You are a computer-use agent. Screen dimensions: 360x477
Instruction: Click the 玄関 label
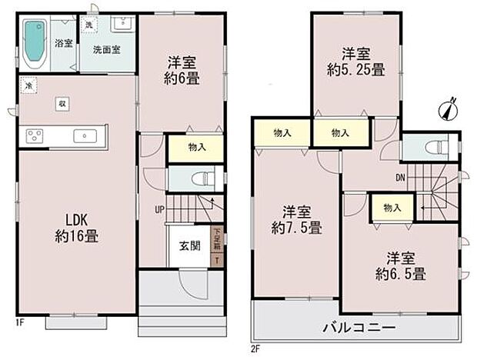pos(189,246)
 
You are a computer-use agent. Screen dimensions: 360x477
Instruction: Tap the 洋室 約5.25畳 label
pos(357,62)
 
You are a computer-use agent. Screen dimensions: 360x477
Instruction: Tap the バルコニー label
pos(365,327)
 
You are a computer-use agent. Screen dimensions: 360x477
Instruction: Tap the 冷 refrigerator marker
pos(28,85)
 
